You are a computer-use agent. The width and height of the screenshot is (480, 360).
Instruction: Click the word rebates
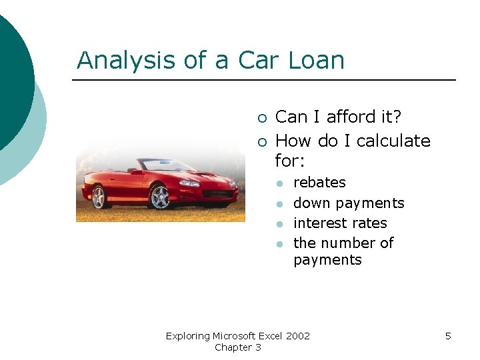pyautogui.click(x=319, y=183)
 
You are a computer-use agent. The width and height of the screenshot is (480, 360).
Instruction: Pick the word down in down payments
pyautogui.click(x=311, y=203)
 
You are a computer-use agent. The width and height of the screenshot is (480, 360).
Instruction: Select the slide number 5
pyautogui.click(x=448, y=336)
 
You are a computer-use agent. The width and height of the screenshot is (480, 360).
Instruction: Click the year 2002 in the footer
pyautogui.click(x=297, y=336)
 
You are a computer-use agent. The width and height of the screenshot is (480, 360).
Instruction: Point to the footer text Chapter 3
pyautogui.click(x=237, y=347)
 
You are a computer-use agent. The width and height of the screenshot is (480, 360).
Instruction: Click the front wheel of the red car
pyautogui.click(x=160, y=197)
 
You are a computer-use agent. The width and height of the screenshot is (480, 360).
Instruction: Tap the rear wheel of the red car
pyautogui.click(x=99, y=196)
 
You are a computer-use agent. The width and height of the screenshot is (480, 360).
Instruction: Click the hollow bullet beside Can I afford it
pyautogui.click(x=261, y=118)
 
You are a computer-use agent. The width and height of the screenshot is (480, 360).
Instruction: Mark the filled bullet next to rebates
pyautogui.click(x=281, y=183)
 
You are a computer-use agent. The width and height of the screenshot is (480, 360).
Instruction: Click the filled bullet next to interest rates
pyautogui.click(x=281, y=223)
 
